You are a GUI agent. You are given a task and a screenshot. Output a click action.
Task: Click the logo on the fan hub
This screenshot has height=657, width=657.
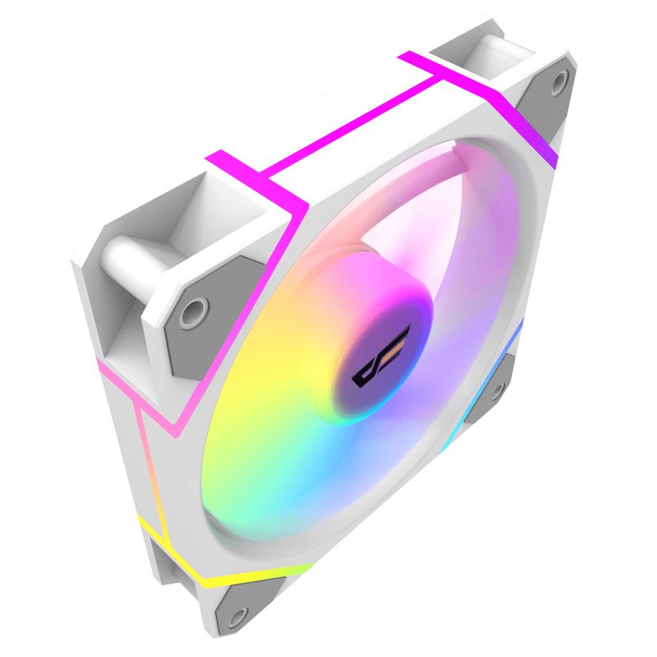(374, 366)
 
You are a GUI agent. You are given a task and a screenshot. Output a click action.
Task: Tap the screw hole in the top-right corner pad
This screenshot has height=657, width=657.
(559, 82)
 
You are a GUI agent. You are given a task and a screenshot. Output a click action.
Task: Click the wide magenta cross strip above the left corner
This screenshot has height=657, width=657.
(246, 177)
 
